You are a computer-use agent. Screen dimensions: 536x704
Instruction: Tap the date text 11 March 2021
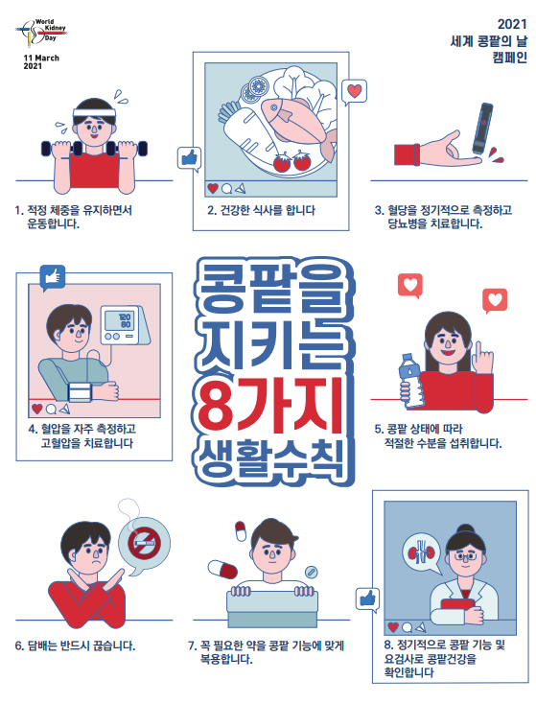[41, 62]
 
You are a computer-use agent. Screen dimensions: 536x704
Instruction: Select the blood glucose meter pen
[482, 129]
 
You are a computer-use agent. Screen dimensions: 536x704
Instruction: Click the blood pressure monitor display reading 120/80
[119, 320]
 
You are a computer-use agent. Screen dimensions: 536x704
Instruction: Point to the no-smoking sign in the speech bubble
[144, 542]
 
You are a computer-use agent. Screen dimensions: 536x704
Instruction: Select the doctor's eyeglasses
[465, 556]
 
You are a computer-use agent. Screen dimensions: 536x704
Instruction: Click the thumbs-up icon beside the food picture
[189, 158]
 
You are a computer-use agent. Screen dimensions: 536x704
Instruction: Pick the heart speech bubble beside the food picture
[354, 92]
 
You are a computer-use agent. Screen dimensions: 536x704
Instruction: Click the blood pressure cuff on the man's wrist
[80, 391]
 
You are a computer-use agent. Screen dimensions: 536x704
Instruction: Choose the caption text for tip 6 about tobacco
[75, 645]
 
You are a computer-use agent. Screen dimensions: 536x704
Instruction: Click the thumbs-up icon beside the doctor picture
[367, 599]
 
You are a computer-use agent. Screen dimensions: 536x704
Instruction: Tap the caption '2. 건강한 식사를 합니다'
[261, 210]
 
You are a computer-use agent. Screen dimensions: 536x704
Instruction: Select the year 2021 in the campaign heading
[512, 24]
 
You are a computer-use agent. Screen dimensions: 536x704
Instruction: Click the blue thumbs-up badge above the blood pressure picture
[53, 277]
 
